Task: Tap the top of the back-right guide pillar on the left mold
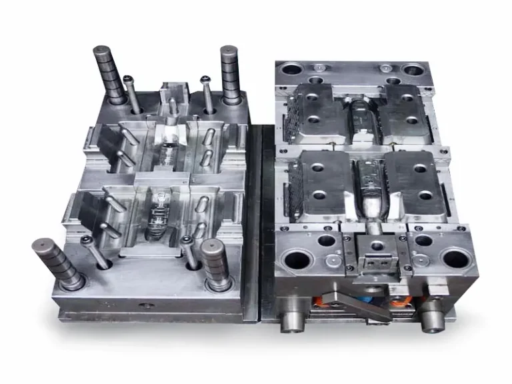click(x=229, y=50)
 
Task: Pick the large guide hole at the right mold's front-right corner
click(x=455, y=257)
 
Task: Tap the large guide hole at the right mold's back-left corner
click(x=293, y=69)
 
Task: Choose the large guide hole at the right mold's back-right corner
click(x=412, y=69)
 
